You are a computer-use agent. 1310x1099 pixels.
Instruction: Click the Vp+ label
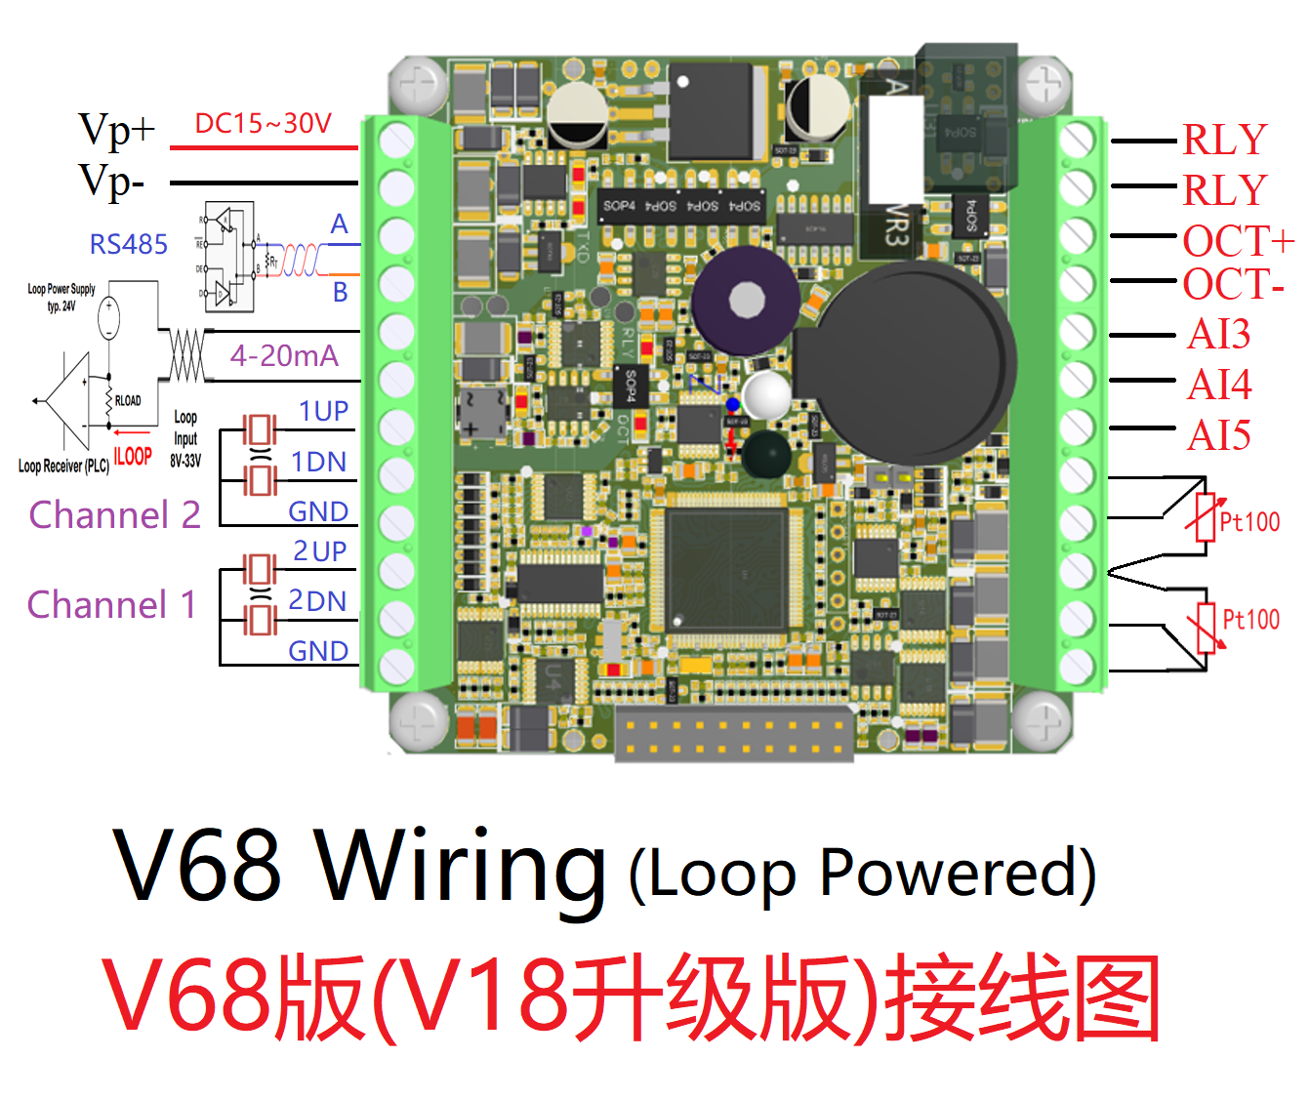(x=116, y=129)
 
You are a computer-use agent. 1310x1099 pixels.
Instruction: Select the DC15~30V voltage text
(x=263, y=124)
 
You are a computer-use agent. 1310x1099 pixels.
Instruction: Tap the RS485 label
(x=128, y=244)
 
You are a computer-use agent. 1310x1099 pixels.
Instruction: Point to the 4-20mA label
(x=284, y=356)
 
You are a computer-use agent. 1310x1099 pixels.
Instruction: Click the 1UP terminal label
(x=323, y=412)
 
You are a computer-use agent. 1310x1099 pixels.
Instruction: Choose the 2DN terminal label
(x=317, y=601)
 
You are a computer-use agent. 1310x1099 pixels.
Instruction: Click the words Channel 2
(x=114, y=514)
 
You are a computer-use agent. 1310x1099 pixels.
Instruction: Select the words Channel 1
(x=111, y=605)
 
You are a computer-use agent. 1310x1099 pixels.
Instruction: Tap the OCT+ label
(x=1238, y=240)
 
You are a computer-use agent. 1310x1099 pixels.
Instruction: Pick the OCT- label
(x=1233, y=285)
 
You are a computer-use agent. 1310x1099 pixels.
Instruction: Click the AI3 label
(x=1218, y=335)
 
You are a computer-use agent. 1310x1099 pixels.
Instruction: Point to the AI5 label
(x=1218, y=435)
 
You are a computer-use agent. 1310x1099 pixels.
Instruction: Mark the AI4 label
(x=1219, y=385)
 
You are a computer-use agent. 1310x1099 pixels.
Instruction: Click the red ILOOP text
(x=133, y=456)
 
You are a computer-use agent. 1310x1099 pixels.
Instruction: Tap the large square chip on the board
(x=726, y=567)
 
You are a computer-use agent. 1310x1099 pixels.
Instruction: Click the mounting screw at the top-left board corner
(x=419, y=85)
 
